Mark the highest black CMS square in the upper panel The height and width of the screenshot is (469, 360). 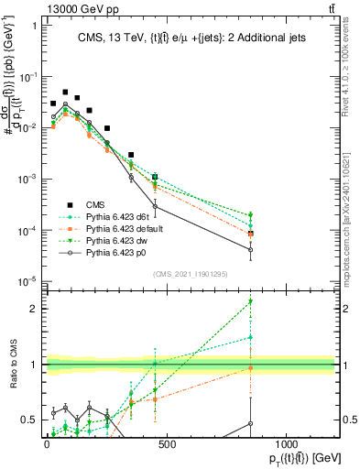point(65,93)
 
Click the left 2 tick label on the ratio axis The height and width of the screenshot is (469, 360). point(33,309)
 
